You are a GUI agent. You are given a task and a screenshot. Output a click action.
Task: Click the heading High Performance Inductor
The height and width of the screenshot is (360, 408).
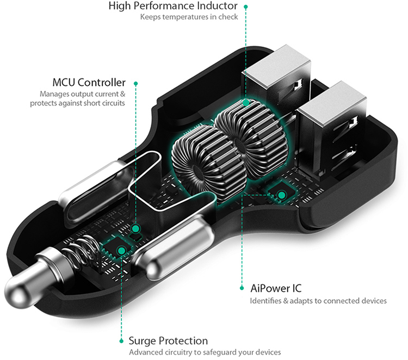click(x=173, y=7)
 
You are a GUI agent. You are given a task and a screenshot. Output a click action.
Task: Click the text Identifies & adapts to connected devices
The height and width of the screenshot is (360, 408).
click(x=318, y=301)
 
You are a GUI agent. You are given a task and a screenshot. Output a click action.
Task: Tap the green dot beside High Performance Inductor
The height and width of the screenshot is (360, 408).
click(x=246, y=7)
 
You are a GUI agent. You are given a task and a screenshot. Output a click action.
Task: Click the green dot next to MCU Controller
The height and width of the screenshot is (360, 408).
click(x=135, y=83)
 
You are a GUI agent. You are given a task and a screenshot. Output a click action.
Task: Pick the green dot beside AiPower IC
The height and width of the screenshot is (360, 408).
click(x=241, y=288)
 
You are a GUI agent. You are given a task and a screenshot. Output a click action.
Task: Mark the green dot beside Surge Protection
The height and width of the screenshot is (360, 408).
click(x=120, y=342)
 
